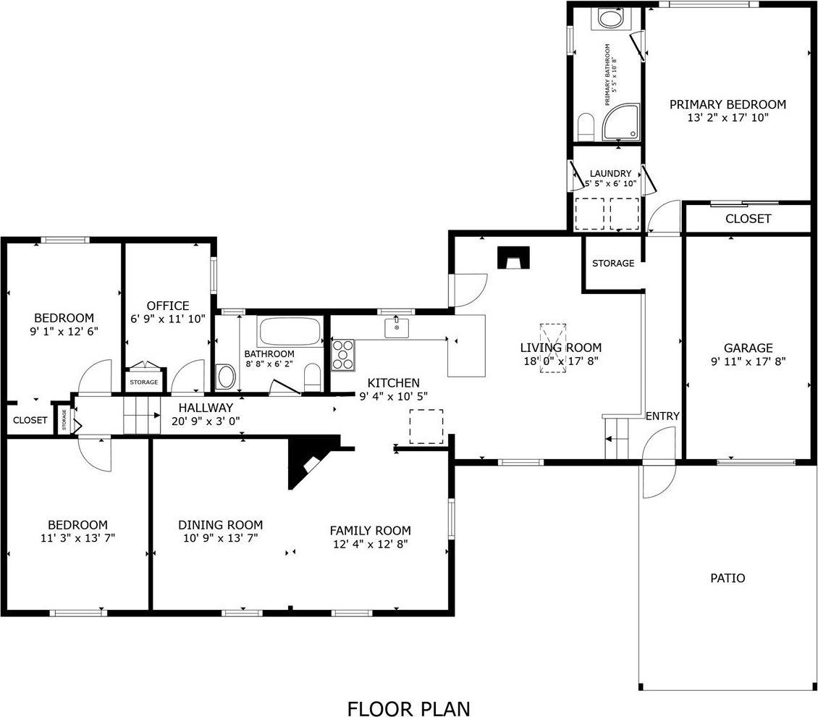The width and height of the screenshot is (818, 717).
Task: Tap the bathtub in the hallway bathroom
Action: (290, 332)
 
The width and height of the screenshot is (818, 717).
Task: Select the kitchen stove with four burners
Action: (343, 355)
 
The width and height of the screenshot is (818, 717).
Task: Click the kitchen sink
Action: (397, 327)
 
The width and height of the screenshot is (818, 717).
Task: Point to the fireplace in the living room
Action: (514, 257)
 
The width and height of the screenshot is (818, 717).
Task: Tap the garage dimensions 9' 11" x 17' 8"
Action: (749, 360)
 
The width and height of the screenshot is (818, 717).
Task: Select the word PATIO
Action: (727, 578)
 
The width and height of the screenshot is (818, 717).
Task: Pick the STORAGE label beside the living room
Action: (613, 263)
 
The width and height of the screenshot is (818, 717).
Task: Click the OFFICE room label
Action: (167, 306)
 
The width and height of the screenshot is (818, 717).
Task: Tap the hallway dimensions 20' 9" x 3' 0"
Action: (206, 420)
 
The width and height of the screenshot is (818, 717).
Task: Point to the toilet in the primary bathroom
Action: (586, 127)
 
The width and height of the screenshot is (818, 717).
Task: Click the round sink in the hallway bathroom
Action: (227, 377)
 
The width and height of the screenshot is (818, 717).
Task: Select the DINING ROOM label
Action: (220, 525)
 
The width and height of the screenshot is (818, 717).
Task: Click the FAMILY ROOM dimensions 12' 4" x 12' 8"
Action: (370, 543)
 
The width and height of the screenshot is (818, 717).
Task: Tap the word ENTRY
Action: (662, 416)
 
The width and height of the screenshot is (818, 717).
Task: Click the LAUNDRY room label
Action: (610, 174)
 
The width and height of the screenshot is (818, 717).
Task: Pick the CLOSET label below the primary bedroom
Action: (748, 219)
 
